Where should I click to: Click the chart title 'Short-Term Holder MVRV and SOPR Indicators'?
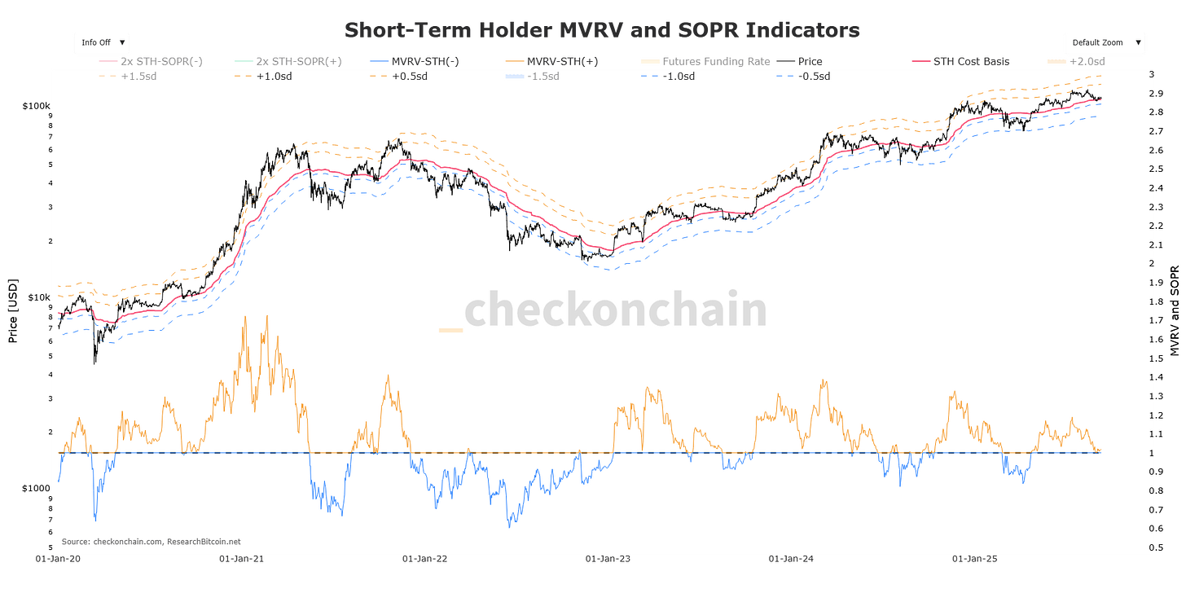tap(602, 30)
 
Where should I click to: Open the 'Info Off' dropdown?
tap(103, 42)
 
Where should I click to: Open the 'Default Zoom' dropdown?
tap(1105, 42)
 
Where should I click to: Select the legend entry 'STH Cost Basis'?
tap(971, 61)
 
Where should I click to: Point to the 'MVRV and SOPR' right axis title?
tap(1174, 310)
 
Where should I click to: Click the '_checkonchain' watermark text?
tap(602, 311)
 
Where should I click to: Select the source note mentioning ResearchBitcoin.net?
tap(151, 541)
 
